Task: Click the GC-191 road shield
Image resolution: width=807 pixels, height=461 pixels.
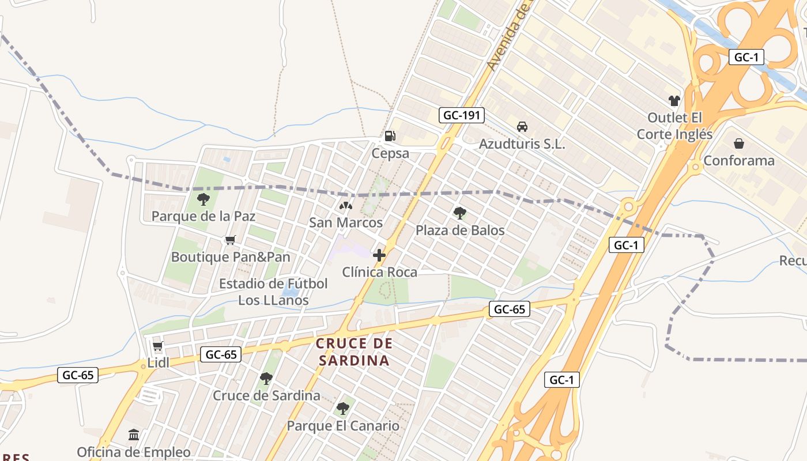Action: click(461, 115)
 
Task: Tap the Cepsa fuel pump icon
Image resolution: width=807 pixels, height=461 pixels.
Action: click(390, 136)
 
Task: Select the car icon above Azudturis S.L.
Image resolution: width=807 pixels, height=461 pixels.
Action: click(522, 127)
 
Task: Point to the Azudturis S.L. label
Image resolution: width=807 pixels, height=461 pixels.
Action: click(522, 144)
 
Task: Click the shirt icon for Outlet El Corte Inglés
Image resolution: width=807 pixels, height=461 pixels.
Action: click(674, 101)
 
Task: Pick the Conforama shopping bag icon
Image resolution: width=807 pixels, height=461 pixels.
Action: click(739, 143)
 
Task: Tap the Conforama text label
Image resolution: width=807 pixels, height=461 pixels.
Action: click(739, 160)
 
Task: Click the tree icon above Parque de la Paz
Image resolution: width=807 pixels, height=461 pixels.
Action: click(203, 199)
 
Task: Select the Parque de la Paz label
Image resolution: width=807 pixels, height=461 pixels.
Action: click(203, 216)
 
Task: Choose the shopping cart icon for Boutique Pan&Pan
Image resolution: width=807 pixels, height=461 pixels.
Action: click(231, 240)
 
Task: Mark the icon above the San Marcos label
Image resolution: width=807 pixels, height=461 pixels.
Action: click(345, 206)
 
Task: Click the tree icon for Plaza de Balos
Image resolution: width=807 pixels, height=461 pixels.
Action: click(459, 213)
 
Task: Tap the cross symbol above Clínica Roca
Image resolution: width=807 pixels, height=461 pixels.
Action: click(379, 255)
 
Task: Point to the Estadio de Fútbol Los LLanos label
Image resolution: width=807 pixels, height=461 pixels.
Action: click(273, 292)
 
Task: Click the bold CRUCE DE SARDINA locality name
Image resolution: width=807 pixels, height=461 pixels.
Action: click(354, 352)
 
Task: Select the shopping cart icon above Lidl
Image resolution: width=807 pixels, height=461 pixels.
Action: click(157, 346)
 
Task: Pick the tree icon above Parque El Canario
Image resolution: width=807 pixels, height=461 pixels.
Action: click(343, 409)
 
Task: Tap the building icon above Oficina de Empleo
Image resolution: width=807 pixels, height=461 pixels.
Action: click(134, 434)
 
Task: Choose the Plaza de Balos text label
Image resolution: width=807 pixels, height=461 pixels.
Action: click(460, 231)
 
